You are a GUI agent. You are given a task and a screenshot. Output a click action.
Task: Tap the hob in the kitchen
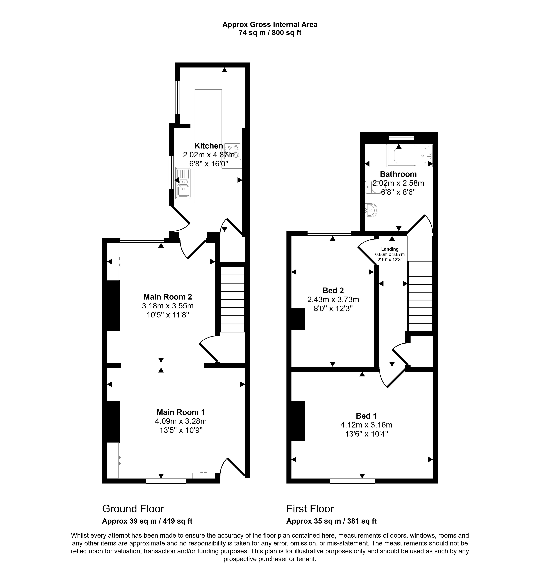click(x=232, y=151)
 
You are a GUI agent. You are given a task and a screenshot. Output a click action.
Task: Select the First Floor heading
click(x=310, y=509)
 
